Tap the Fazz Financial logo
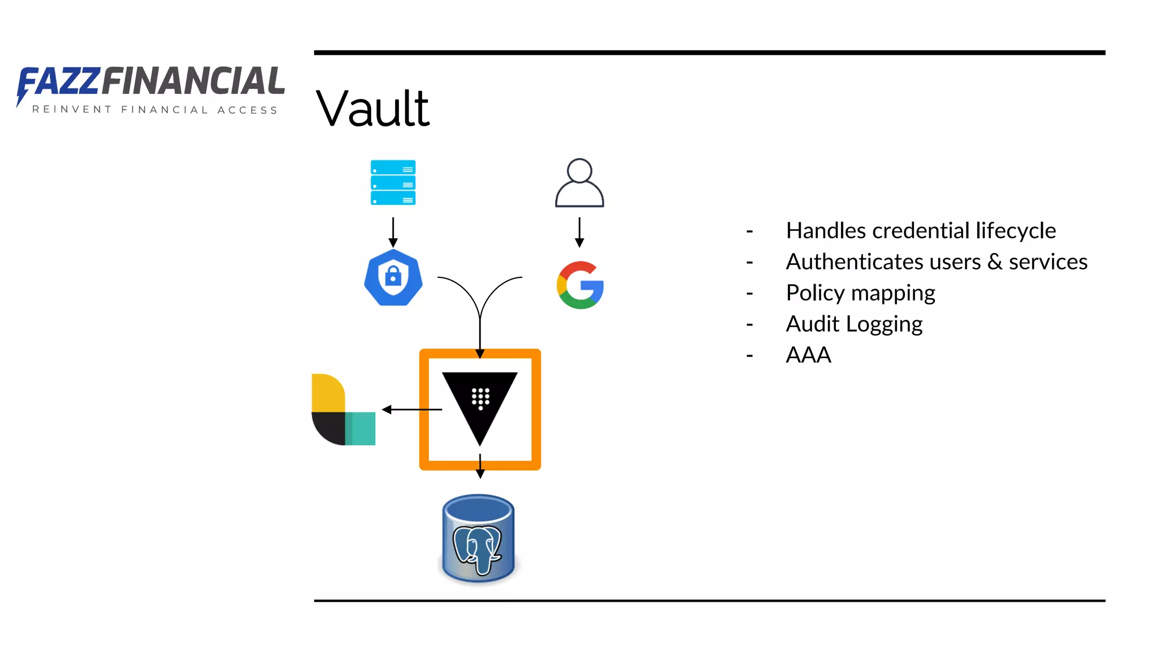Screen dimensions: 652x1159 (151, 83)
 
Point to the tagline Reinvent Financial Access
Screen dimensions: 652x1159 (154, 110)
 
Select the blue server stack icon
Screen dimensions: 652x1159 (393, 182)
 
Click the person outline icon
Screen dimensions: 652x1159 (579, 183)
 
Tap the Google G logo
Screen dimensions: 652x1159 (580, 285)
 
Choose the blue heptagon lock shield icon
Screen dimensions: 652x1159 (393, 277)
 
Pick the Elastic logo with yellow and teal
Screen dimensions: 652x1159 (342, 410)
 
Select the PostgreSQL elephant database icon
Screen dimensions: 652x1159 (479, 539)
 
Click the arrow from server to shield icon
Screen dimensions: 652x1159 (393, 232)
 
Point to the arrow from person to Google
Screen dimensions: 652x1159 (579, 232)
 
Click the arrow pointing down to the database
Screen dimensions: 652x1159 (480, 466)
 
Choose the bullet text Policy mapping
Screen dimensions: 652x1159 (860, 293)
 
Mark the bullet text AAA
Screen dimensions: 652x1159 (808, 355)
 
